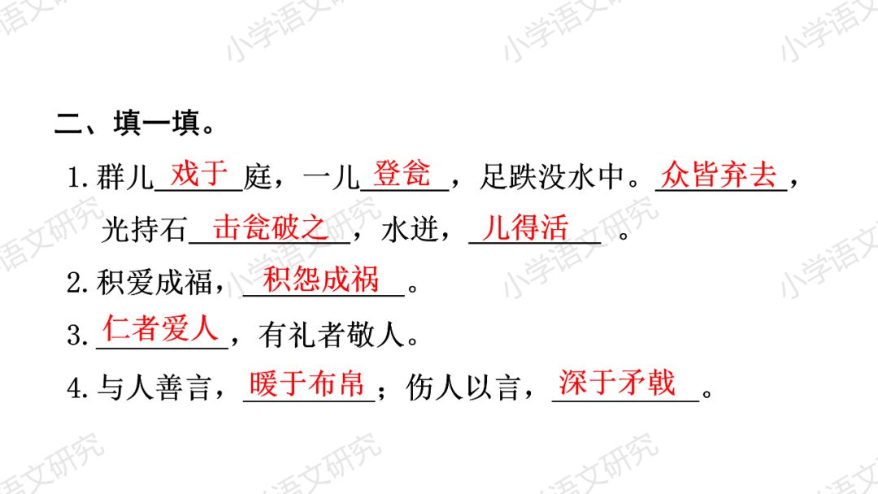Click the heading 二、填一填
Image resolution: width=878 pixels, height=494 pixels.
tap(134, 126)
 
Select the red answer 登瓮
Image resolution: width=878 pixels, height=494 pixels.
tap(402, 173)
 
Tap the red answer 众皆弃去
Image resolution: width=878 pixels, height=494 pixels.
tap(719, 174)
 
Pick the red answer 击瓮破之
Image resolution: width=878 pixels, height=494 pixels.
tap(271, 227)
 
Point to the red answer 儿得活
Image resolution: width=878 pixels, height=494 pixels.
tap(525, 227)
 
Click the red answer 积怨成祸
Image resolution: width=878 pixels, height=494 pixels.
tap(322, 279)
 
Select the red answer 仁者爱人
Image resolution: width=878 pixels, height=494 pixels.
tap(161, 329)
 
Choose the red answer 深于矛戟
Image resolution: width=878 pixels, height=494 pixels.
tap(617, 383)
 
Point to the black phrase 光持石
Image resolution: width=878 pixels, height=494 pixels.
tap(144, 231)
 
